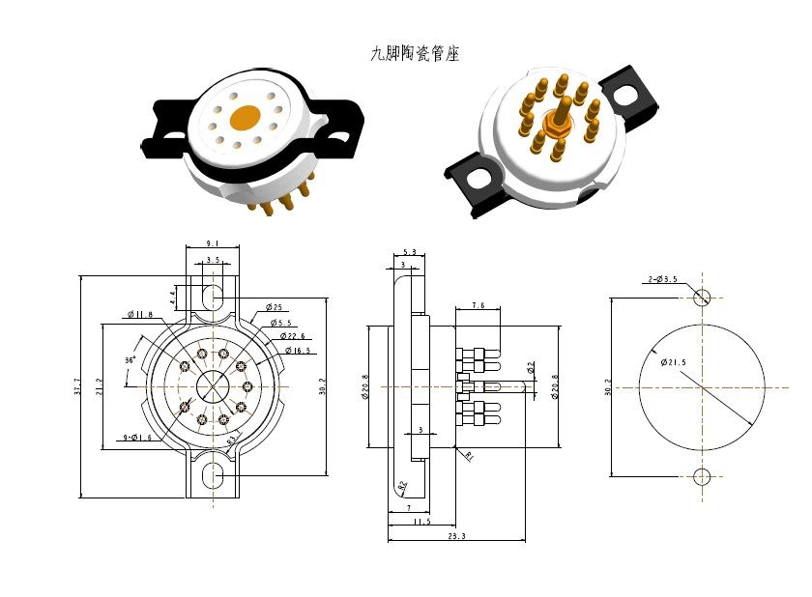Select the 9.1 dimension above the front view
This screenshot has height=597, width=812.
(x=212, y=244)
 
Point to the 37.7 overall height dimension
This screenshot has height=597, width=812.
(x=77, y=386)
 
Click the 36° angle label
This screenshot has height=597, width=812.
(x=130, y=359)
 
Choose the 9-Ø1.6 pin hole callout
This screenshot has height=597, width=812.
(x=135, y=438)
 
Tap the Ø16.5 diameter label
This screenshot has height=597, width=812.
(x=298, y=351)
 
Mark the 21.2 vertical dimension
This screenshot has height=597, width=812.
(x=99, y=386)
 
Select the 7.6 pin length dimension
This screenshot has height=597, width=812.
(x=478, y=305)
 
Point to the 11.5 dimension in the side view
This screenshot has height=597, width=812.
(x=421, y=522)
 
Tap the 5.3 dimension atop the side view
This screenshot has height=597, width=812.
(x=409, y=252)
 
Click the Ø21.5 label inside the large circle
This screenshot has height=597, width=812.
(x=674, y=362)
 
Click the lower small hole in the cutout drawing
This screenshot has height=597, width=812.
(x=702, y=476)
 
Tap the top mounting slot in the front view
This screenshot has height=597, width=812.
(x=213, y=292)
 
